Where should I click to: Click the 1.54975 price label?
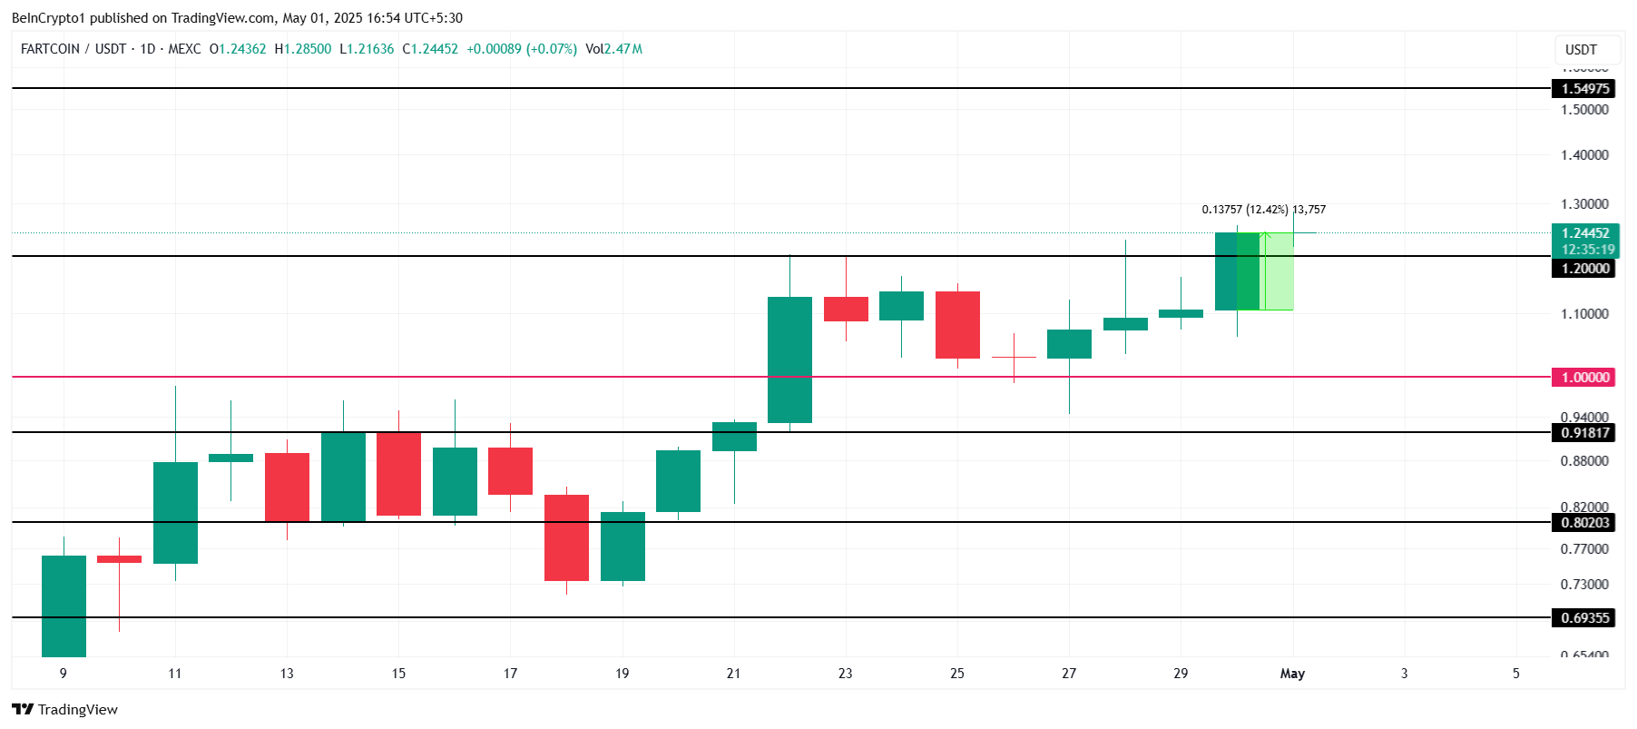click(x=1584, y=88)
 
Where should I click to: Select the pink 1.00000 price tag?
click(x=1584, y=377)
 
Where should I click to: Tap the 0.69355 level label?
click(x=1584, y=617)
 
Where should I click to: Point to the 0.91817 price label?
click(x=1584, y=432)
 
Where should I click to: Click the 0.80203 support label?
click(x=1584, y=522)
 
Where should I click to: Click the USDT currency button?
click(x=1581, y=50)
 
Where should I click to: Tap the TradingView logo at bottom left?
click(x=64, y=709)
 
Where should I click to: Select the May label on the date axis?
click(x=1292, y=673)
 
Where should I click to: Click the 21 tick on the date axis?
click(x=733, y=673)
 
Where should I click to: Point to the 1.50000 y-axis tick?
click(x=1584, y=109)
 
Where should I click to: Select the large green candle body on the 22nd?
click(x=789, y=360)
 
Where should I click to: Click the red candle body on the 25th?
click(x=957, y=325)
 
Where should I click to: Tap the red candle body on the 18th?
click(x=566, y=537)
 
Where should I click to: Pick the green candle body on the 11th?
click(x=175, y=513)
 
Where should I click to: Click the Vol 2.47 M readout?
click(x=613, y=49)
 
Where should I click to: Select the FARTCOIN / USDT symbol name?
click(x=74, y=49)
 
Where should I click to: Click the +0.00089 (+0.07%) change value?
click(x=522, y=49)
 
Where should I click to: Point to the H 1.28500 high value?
click(x=303, y=49)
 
